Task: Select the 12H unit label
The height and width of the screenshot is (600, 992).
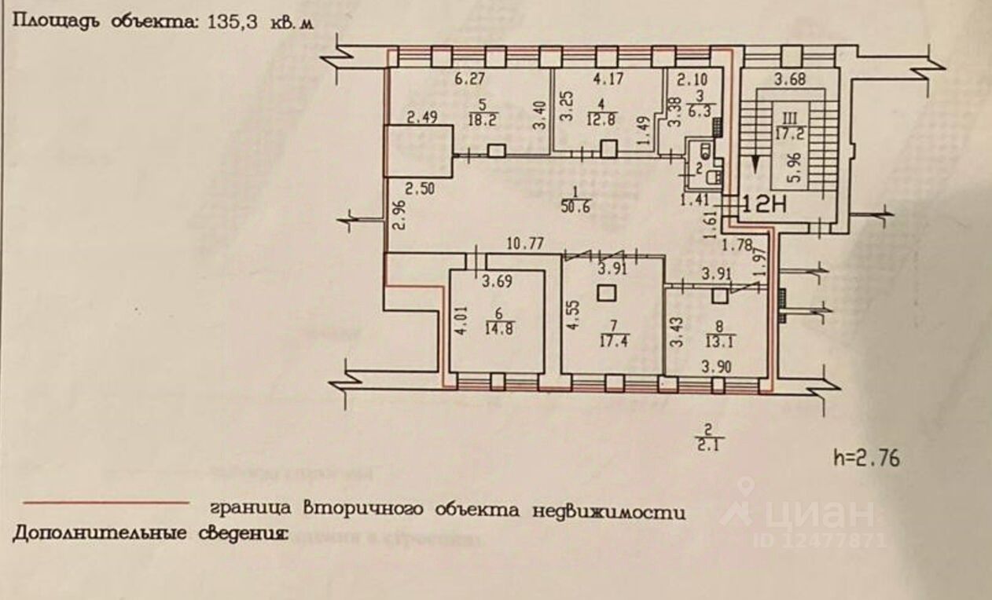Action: coord(763,205)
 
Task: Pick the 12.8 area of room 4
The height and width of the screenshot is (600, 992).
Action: coord(601,119)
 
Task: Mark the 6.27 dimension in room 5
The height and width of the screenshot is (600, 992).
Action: coord(468,78)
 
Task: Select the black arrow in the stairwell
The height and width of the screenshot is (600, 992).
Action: coord(755,163)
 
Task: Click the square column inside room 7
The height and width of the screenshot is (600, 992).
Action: coord(605,294)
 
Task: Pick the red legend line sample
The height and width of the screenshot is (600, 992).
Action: coord(106,503)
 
